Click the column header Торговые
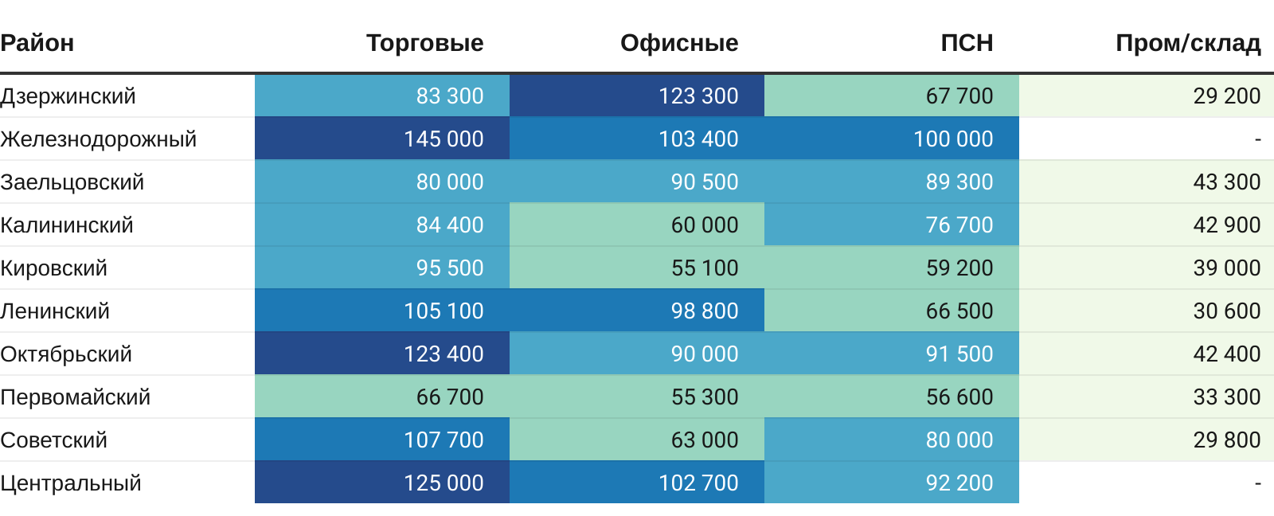coord(424,43)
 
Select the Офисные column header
coord(679,43)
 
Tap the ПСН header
coord(967,43)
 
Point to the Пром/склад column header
coord(1188,43)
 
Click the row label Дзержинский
coord(68,96)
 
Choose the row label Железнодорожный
coord(99,139)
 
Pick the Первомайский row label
coord(76,397)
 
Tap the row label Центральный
coord(71,483)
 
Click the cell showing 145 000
coord(444,139)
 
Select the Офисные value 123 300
coord(698,96)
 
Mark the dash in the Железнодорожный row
coord(1257,139)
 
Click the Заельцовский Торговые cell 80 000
coord(450,182)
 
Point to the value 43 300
coord(1226,182)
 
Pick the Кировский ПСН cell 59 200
coord(959,268)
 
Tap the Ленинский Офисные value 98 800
coord(705,311)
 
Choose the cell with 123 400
coord(444,354)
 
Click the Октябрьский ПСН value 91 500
coord(959,354)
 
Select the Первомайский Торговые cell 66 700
coord(450,397)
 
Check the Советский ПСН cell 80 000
coord(959,440)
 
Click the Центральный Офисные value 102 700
coord(698,483)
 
